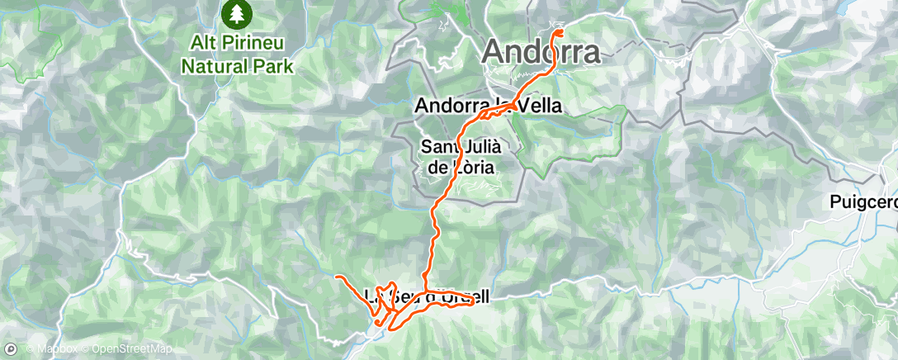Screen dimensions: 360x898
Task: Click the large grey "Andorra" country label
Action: click(541, 53)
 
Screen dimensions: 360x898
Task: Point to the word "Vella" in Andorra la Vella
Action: click(540, 106)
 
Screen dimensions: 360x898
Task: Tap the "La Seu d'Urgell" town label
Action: click(427, 296)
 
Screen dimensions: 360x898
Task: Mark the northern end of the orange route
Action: click(560, 32)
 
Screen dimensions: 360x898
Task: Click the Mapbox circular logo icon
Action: click(11, 348)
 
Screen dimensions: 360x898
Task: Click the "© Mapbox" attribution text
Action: click(44, 349)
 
